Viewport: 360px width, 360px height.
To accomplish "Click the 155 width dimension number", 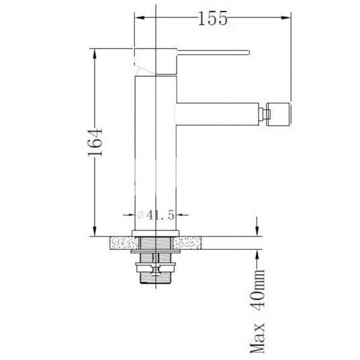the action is [x=212, y=18].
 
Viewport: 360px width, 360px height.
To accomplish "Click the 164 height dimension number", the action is [x=95, y=142].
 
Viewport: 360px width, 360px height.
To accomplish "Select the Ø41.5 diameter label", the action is [x=156, y=216].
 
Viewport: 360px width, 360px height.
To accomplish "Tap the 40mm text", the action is [x=257, y=290].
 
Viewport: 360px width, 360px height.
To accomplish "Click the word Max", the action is [x=257, y=338].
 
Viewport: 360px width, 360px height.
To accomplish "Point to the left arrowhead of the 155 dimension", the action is [x=140, y=17].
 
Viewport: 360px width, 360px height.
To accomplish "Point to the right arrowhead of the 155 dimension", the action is [x=286, y=17].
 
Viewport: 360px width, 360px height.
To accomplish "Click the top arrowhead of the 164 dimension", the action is [x=95, y=54].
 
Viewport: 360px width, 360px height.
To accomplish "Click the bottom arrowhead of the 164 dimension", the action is [x=95, y=231].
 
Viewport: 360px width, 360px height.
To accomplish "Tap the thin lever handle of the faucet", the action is [x=213, y=52].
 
